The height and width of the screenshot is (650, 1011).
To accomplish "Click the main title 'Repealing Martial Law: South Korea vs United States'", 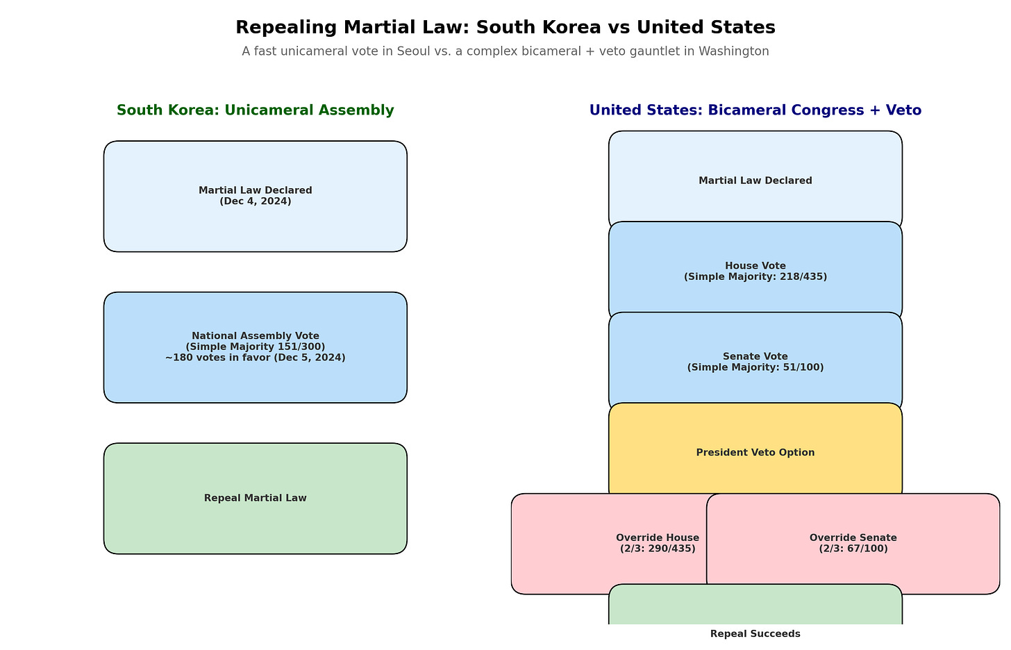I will click(x=505, y=27).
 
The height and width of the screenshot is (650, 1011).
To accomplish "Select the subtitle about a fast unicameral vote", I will click(x=505, y=51).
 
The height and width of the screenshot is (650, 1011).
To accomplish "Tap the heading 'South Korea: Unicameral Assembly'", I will click(x=255, y=110).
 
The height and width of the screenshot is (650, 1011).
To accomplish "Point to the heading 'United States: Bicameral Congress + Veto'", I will click(x=755, y=110).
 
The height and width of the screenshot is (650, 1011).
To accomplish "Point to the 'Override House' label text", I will click(x=657, y=537).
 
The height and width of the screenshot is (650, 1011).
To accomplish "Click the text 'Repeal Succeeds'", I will click(x=755, y=634).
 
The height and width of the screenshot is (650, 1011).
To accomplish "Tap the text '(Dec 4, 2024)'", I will click(x=255, y=201).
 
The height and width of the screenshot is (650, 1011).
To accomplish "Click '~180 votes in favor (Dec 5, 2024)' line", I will click(x=255, y=358).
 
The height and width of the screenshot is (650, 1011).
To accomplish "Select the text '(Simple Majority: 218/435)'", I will click(x=755, y=276).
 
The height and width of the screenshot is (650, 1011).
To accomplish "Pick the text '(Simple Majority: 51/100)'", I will click(x=755, y=367).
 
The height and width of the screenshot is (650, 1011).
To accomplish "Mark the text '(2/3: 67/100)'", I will click(x=853, y=549).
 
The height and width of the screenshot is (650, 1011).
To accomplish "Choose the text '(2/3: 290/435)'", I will click(x=657, y=549).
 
